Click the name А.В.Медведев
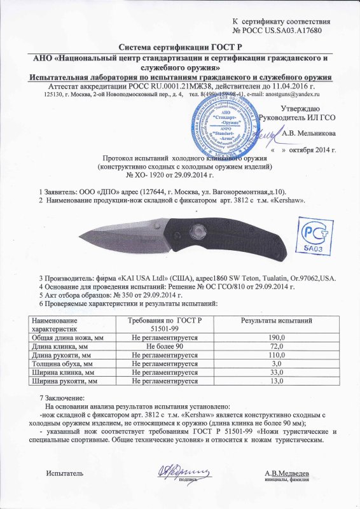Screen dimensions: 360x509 [287, 474]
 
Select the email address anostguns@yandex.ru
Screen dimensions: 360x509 [296, 94]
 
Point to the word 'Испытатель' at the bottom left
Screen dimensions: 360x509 [65, 475]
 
